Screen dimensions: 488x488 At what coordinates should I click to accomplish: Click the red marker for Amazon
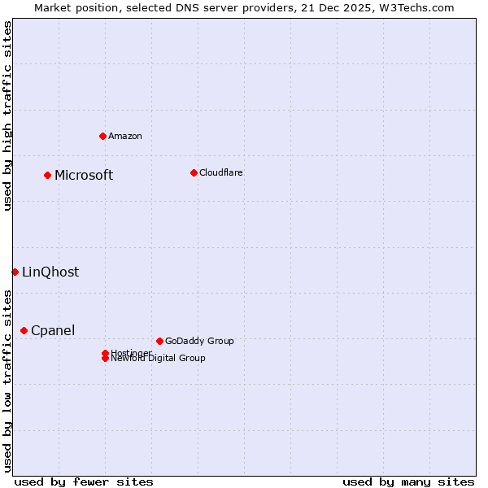tap(102, 136)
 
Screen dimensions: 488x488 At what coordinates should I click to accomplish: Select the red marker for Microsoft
tap(48, 175)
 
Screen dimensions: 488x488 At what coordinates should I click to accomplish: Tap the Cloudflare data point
tap(194, 172)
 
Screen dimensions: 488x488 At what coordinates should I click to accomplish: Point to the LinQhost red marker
tap(15, 272)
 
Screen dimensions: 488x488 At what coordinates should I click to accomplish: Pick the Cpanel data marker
tap(24, 330)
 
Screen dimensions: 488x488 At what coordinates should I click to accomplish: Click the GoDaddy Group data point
tap(159, 341)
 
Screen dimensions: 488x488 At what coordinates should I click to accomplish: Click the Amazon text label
tap(125, 136)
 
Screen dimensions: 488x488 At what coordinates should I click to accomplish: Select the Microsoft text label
tap(84, 175)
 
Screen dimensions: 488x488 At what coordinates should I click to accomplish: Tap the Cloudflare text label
tap(221, 172)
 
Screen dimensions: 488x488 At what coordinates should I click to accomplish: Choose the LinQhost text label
tap(50, 272)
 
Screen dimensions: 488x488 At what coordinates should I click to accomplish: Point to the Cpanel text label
tap(53, 330)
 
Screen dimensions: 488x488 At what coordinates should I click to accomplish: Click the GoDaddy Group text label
tap(199, 341)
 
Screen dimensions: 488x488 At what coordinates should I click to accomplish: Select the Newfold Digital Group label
tap(159, 359)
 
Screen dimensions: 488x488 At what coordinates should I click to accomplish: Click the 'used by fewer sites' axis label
tap(84, 481)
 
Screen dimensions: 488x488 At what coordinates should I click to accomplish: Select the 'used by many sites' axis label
tap(408, 481)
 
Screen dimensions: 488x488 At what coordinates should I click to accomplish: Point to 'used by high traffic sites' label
tap(7, 115)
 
